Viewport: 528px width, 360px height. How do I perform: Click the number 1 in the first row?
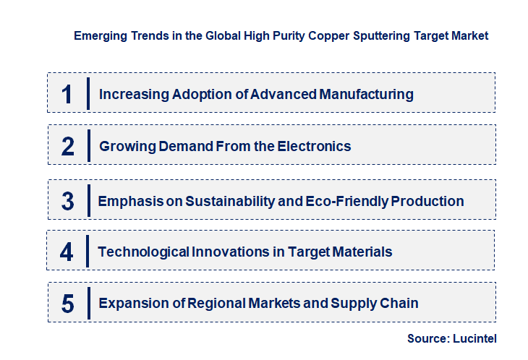click(x=67, y=93)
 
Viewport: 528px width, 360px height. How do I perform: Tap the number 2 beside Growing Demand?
click(x=68, y=147)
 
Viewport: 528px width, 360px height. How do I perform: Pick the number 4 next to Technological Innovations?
click(x=67, y=252)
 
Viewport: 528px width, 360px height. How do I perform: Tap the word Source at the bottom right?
click(x=427, y=338)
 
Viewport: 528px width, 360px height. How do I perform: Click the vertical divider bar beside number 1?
click(x=88, y=93)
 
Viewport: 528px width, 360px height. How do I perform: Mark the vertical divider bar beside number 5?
click(x=87, y=303)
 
